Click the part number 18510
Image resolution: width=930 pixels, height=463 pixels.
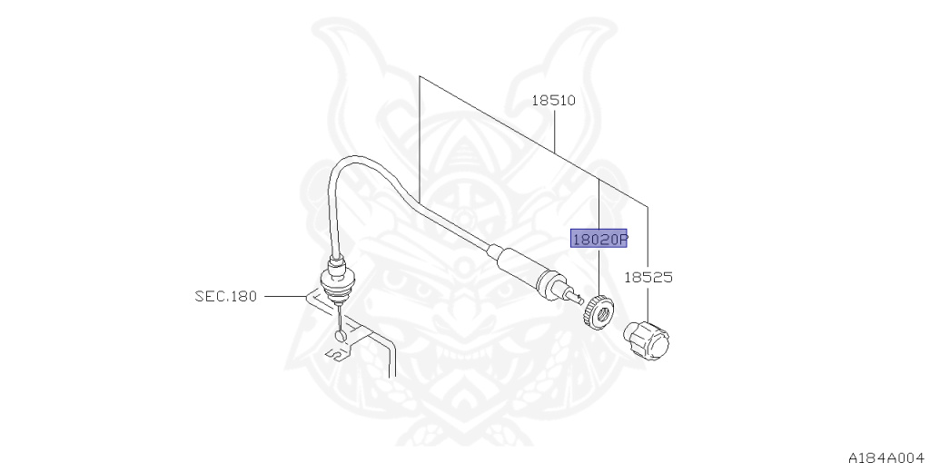click(x=554, y=101)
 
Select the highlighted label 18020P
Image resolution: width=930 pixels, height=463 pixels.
click(x=599, y=239)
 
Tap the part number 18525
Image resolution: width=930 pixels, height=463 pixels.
click(x=648, y=277)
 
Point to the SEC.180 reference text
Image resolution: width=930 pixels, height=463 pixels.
click(x=225, y=296)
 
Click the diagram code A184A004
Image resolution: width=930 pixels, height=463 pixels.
click(x=886, y=451)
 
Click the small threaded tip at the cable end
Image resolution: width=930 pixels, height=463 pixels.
click(x=579, y=298)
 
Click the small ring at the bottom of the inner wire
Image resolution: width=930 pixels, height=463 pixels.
click(x=341, y=338)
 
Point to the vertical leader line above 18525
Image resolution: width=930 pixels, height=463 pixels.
click(x=648, y=236)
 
